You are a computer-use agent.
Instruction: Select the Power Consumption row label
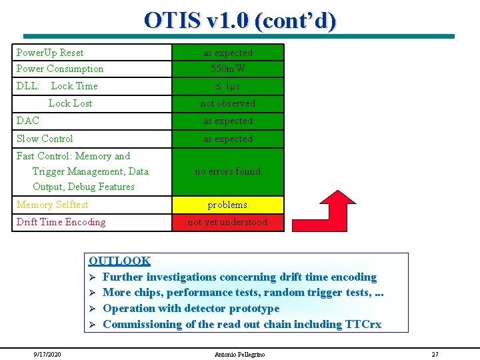(x=60, y=69)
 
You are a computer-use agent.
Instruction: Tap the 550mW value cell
(x=228, y=69)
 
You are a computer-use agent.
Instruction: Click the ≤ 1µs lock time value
(x=228, y=86)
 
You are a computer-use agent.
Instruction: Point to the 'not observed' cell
(x=228, y=103)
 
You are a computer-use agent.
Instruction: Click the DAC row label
(x=28, y=121)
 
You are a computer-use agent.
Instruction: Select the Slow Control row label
(x=45, y=139)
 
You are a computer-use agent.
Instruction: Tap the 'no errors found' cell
(x=228, y=171)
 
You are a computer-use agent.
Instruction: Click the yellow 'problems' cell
(x=228, y=205)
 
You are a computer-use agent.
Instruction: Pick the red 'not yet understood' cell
(x=228, y=222)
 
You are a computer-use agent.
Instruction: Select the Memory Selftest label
(x=52, y=205)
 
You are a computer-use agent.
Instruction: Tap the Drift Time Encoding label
(x=61, y=222)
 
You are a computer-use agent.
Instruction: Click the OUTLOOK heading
(x=120, y=261)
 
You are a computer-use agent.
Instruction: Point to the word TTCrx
(x=363, y=324)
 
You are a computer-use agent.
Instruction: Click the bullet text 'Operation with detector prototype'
(x=191, y=308)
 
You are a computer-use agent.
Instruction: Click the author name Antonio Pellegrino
(x=239, y=354)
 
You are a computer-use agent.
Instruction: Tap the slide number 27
(x=435, y=354)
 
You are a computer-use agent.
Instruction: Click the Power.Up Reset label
(x=50, y=52)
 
